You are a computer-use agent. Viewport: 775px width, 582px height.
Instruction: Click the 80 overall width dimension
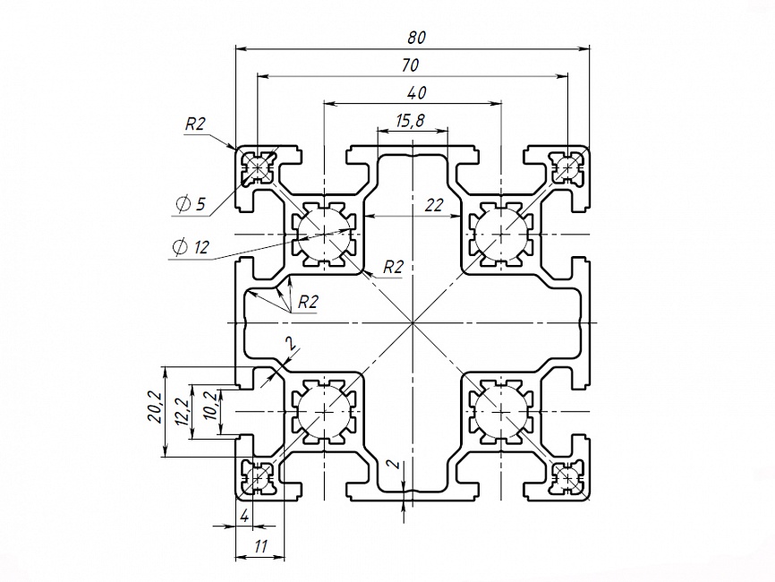coord(414,37)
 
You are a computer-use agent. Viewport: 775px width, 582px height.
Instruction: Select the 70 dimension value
coord(411,64)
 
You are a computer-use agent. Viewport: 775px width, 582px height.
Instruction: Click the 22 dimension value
coord(434,205)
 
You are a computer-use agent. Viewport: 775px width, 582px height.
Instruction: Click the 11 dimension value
coord(260,545)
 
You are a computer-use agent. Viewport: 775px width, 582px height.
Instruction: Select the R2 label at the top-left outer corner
coord(196,125)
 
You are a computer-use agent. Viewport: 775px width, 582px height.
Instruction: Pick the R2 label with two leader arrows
coord(308,302)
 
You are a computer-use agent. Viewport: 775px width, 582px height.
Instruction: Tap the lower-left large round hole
coord(322,413)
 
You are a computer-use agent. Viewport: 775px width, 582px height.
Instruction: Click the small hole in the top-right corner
coord(566,166)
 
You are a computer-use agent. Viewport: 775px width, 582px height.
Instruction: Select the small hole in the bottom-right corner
coord(566,478)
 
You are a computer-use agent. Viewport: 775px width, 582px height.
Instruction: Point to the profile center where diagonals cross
coord(411,321)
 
